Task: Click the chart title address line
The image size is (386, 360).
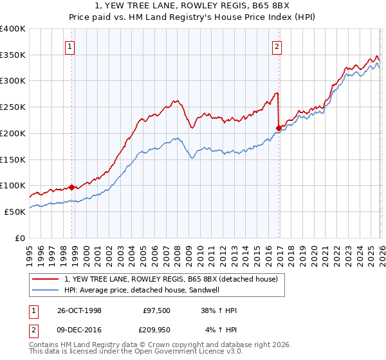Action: pyautogui.click(x=194, y=6)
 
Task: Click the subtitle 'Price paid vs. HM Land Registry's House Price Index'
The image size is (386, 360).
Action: pyautogui.click(x=194, y=17)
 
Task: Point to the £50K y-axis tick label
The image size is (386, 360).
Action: pyautogui.click(x=15, y=211)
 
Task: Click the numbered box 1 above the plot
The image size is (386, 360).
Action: pyautogui.click(x=69, y=46)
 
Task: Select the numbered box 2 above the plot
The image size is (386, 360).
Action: pyautogui.click(x=277, y=46)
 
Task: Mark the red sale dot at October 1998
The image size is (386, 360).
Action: pyautogui.click(x=71, y=187)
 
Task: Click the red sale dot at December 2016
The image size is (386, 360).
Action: pyautogui.click(x=279, y=128)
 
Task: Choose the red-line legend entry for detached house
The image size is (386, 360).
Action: pyautogui.click(x=170, y=278)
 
